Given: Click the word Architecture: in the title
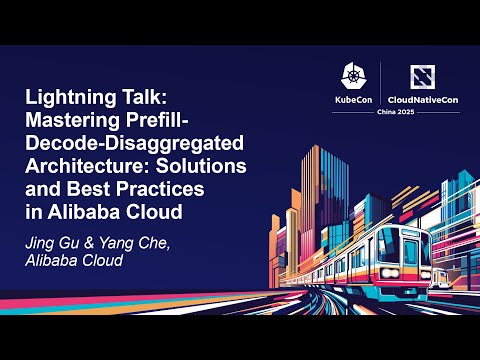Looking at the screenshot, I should point(84,163).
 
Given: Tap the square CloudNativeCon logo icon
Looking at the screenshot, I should point(421,76).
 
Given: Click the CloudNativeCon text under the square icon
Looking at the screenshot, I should point(421,100).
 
